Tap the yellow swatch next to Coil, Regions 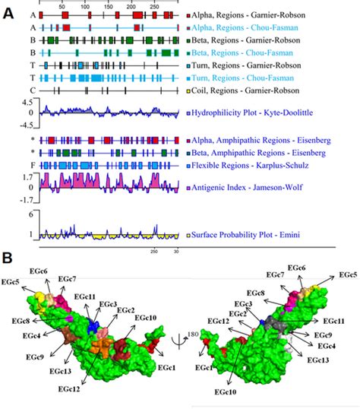pos(188,91)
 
